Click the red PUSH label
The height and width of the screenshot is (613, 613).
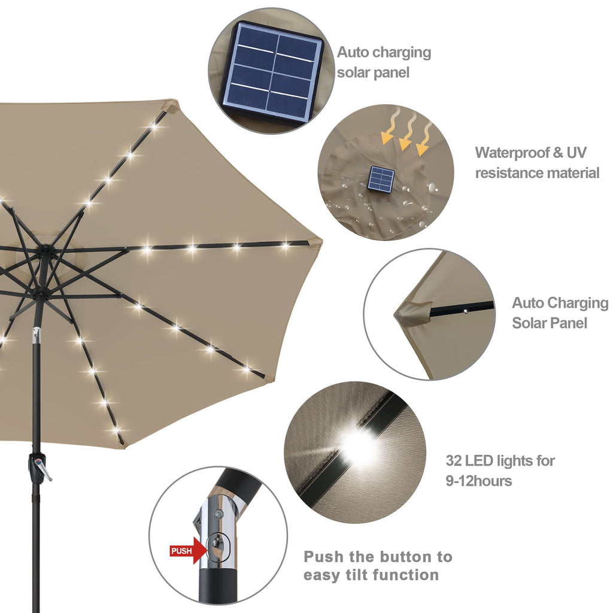coord(181,551)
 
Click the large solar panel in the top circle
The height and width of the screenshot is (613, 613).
coord(272,71)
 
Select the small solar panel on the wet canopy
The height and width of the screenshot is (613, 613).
coord(381,179)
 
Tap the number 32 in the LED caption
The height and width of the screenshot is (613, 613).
coord(454,461)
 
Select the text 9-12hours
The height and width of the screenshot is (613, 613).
coord(479,481)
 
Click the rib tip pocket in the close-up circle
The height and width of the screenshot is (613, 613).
coord(412,312)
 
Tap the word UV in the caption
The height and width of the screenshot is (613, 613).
coord(576,153)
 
